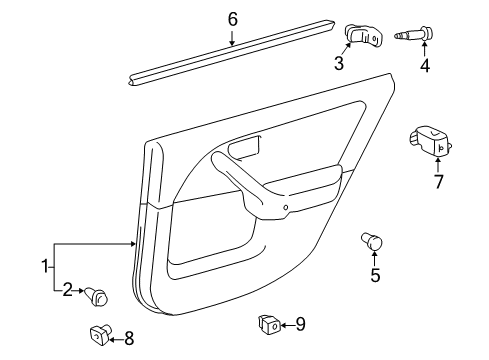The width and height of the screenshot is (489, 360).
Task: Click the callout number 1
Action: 44,265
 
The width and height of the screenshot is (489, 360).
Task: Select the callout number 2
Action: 68,290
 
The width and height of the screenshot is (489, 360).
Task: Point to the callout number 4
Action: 424,67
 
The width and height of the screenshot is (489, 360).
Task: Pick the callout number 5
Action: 375,275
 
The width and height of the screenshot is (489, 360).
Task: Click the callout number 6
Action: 232,18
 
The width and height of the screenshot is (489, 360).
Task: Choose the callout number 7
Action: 437,181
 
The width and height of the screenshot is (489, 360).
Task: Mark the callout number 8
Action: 127,339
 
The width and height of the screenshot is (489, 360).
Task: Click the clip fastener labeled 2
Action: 98,295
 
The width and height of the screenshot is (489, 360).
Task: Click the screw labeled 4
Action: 415,37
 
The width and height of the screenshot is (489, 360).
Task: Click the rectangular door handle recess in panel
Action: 242,150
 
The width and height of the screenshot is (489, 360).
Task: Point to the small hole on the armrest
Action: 285,209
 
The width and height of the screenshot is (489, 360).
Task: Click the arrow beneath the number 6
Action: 231,40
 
